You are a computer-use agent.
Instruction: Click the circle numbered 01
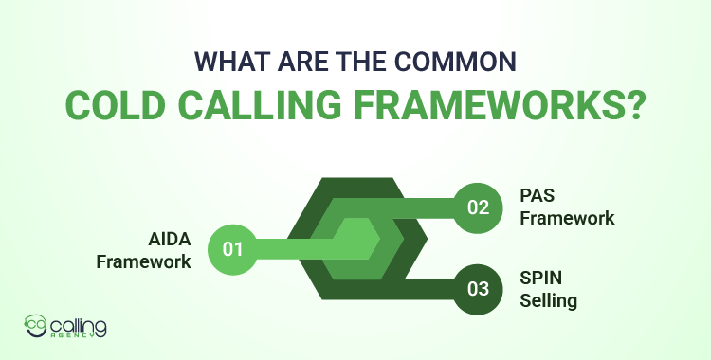tap(233, 250)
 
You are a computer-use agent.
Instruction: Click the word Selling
tap(549, 303)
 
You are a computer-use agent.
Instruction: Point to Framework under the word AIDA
tap(144, 261)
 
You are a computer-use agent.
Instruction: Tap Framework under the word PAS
tap(567, 218)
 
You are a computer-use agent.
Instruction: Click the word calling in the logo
tap(80, 325)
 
